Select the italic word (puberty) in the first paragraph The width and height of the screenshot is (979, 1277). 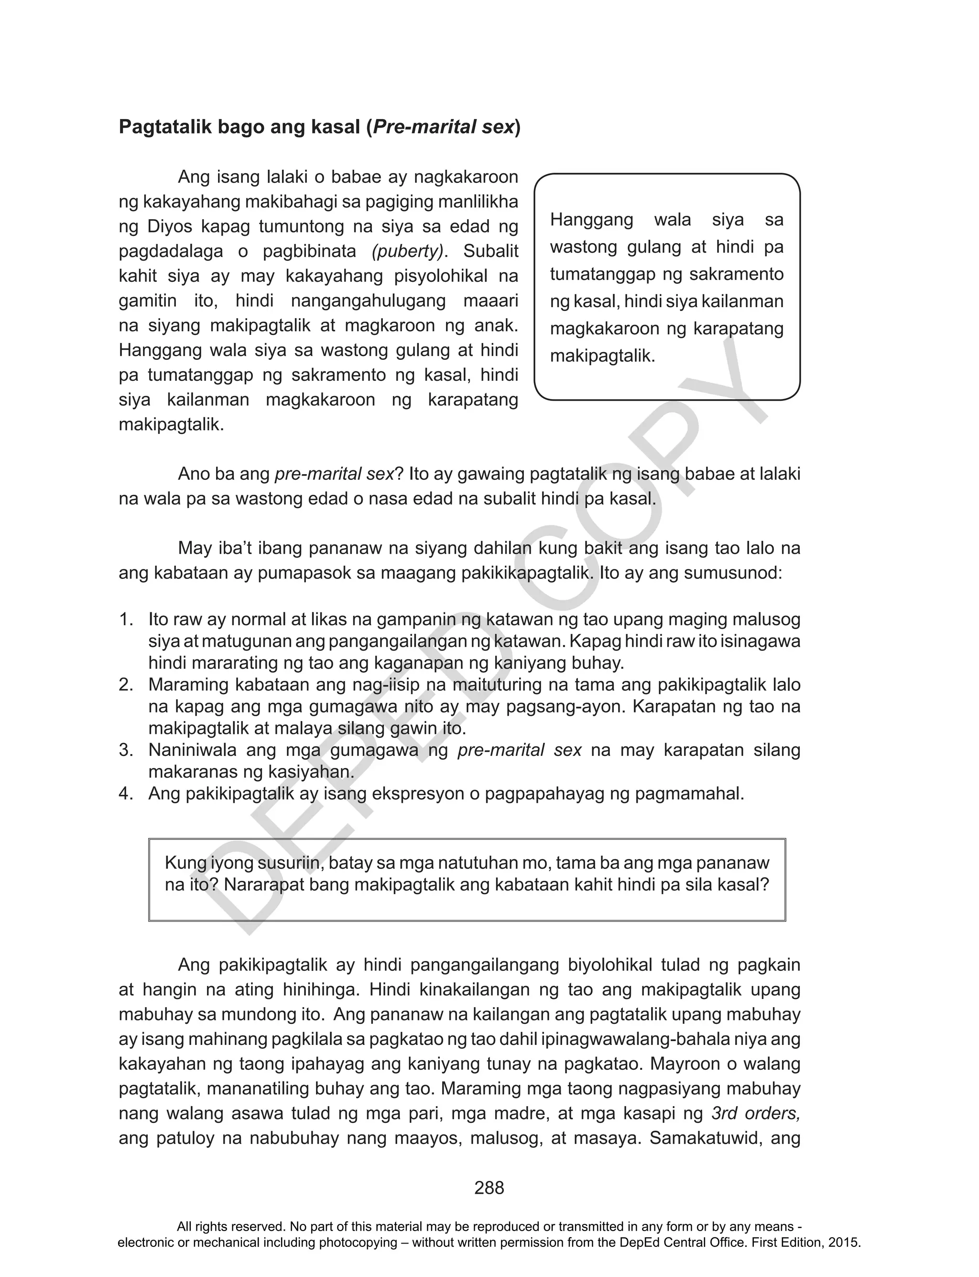click(x=408, y=251)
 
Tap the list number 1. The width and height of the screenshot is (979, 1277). click(x=126, y=619)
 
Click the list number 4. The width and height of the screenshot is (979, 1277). click(x=126, y=794)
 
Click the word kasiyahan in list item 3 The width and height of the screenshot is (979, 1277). click(x=311, y=772)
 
